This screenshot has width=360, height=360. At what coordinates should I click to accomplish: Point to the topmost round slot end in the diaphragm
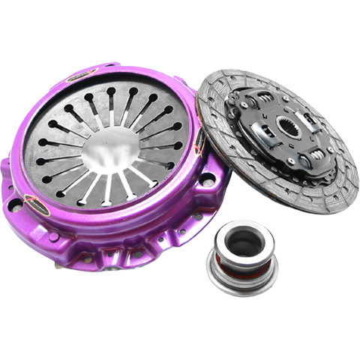coord(111,91)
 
